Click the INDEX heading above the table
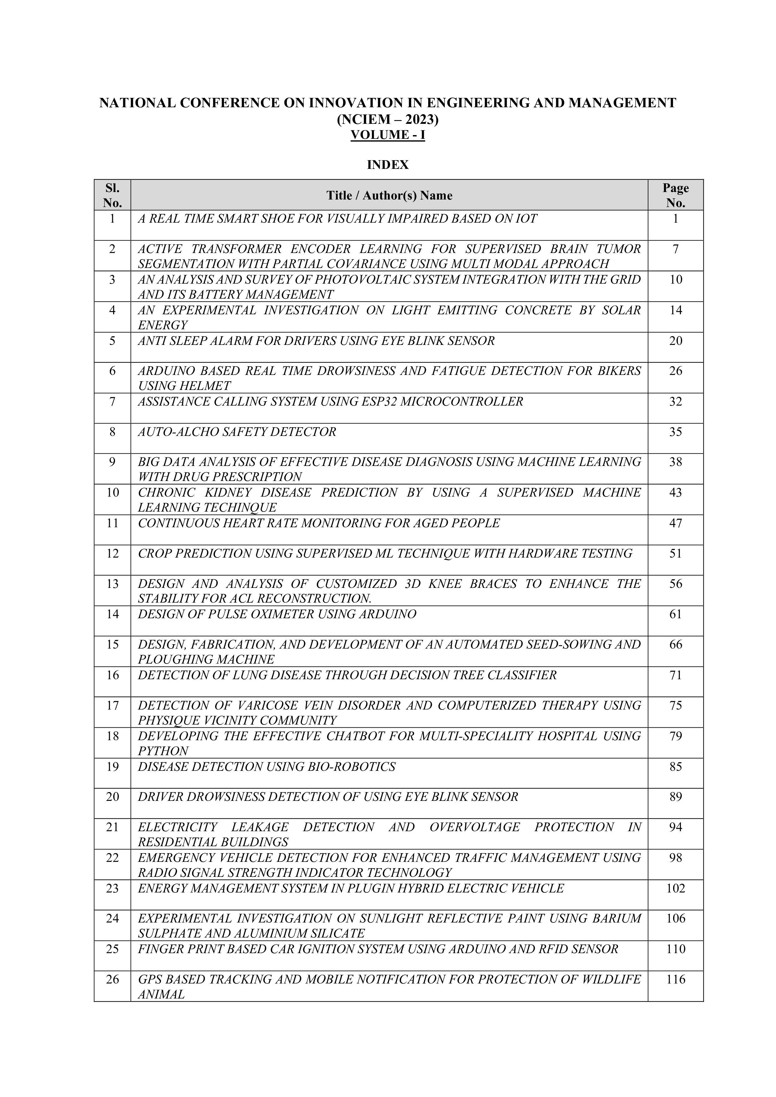(x=388, y=165)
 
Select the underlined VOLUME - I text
(x=388, y=135)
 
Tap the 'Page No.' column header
(x=675, y=195)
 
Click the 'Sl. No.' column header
(x=112, y=195)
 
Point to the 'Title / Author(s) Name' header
(x=389, y=195)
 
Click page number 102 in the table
(x=675, y=888)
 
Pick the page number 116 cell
(x=675, y=979)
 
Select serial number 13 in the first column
(x=112, y=584)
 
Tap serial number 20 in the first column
(x=112, y=796)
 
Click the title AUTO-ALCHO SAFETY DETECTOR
(x=237, y=432)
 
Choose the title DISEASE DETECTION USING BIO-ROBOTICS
(x=266, y=766)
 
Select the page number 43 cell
(x=675, y=493)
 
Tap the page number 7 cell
(x=675, y=249)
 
